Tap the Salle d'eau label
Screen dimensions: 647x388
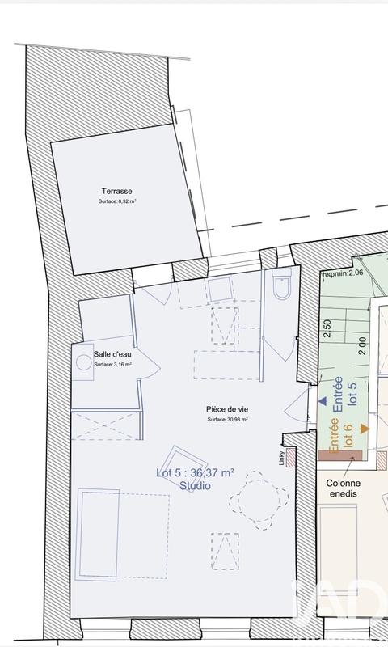coord(112,355)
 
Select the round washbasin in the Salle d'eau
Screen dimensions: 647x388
coord(83,363)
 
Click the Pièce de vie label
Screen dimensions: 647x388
coord(227,410)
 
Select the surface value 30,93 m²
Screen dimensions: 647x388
coord(227,420)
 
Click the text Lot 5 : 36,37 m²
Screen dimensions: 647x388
coord(195,474)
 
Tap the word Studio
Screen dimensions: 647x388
coord(195,486)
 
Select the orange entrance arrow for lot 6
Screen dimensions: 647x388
coord(365,428)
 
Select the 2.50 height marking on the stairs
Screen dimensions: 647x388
coord(327,328)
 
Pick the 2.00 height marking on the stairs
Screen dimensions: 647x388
coord(363,345)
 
